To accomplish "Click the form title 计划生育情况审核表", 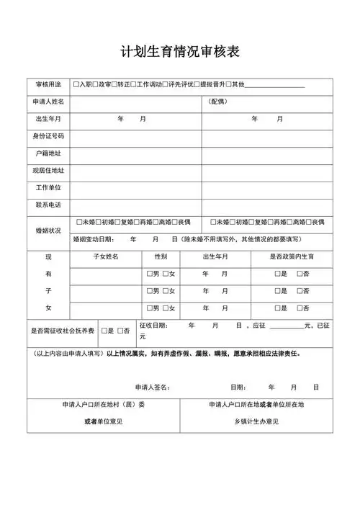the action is tap(180, 51).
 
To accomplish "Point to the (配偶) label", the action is tap(217, 102).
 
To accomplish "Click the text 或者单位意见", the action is tap(104, 421).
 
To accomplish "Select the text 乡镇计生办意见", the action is tap(256, 421).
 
